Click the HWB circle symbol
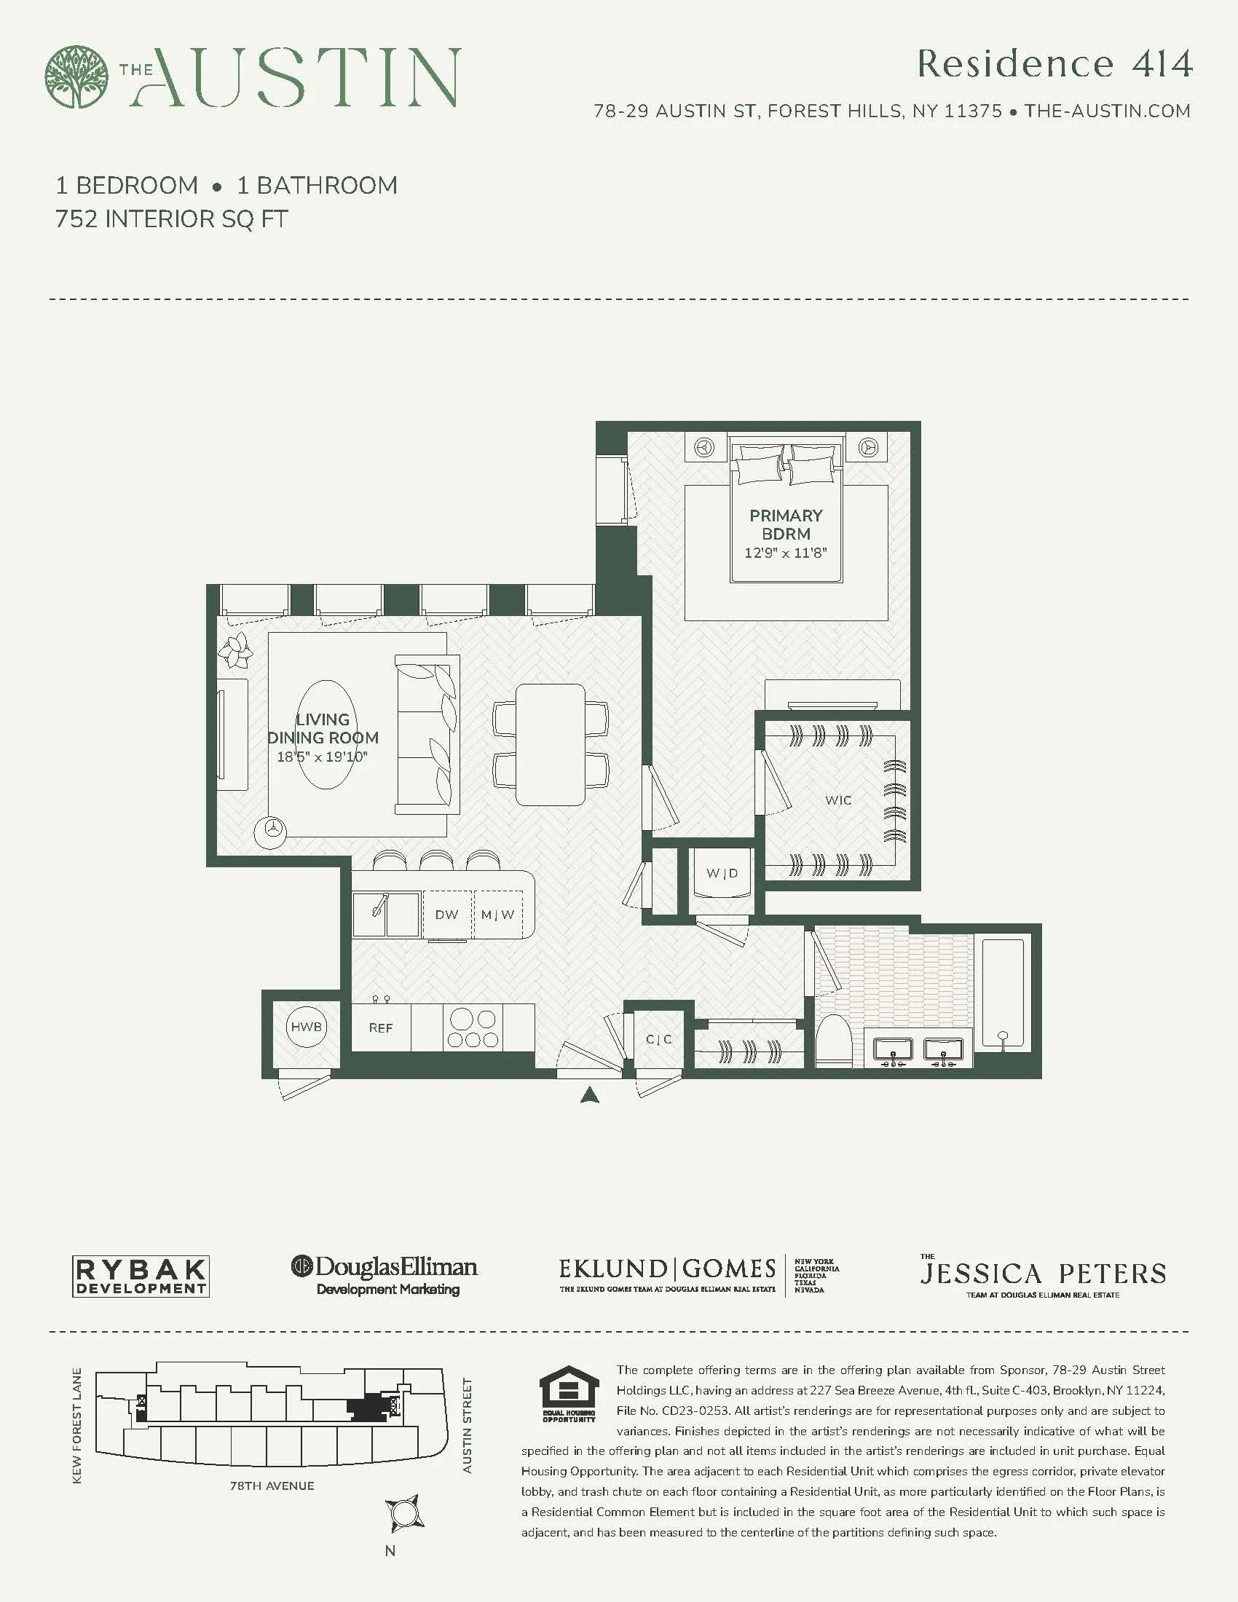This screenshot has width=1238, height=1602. [306, 1027]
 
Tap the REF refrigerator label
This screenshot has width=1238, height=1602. [381, 1027]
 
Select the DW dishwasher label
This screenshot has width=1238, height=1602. [446, 915]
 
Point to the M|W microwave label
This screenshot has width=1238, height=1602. [498, 915]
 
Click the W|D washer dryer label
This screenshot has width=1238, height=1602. [722, 873]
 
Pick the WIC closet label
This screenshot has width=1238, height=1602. [838, 800]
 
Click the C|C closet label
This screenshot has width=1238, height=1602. [658, 1039]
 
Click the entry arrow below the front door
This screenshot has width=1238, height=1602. [591, 1096]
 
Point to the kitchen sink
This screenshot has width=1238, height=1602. [386, 914]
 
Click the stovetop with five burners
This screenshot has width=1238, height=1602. [473, 1027]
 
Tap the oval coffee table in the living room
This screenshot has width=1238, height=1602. [323, 734]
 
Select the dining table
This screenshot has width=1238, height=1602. [551, 744]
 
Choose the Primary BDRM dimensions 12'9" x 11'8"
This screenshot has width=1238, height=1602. [786, 553]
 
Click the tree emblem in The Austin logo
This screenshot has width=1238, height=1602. [76, 77]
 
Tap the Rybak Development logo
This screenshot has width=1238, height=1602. [141, 1277]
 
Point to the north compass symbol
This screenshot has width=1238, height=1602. [403, 1513]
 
